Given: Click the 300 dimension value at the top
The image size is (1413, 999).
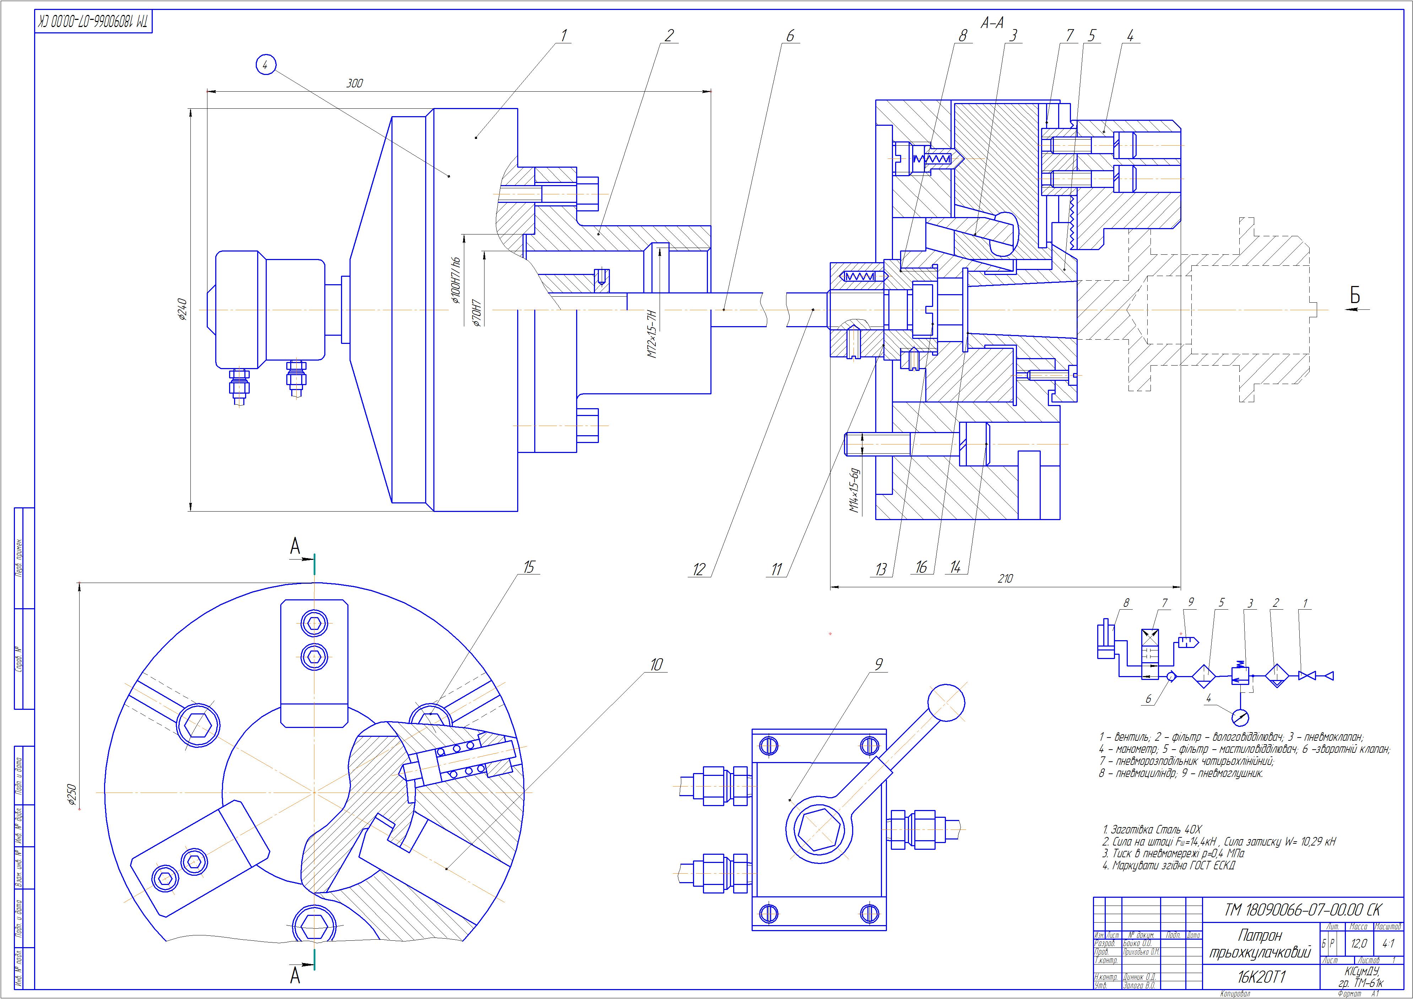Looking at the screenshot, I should [354, 84].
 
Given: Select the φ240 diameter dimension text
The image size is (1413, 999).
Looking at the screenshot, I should [182, 309].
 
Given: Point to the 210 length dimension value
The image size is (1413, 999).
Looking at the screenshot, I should [1005, 579].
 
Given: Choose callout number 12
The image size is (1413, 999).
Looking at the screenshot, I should [698, 570].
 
